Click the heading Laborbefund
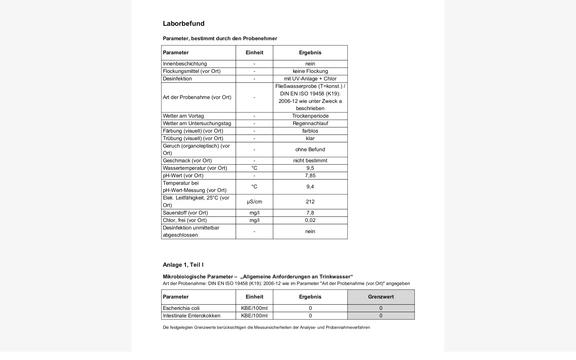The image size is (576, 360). (x=184, y=24)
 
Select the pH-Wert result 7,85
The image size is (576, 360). (x=310, y=176)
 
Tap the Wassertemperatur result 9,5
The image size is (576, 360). (x=310, y=168)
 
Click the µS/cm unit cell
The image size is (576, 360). (x=254, y=202)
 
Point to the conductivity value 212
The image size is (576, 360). (x=310, y=202)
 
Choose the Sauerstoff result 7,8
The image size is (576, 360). (x=310, y=213)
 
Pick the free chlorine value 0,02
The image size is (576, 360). (x=310, y=220)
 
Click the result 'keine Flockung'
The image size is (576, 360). (x=310, y=71)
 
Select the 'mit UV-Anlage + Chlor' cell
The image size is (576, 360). (x=310, y=79)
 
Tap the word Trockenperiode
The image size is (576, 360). (x=310, y=116)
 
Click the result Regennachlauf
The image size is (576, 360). (x=310, y=124)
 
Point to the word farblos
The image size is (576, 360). (x=310, y=131)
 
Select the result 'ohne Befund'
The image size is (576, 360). (x=310, y=150)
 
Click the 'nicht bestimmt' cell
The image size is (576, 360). (x=310, y=161)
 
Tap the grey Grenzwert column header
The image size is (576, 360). (x=381, y=297)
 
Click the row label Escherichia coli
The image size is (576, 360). (x=181, y=308)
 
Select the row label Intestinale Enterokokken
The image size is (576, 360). (x=191, y=316)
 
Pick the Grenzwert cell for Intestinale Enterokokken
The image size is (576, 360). (x=381, y=316)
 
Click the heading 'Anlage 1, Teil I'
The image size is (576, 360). (x=183, y=265)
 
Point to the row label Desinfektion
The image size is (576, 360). (x=177, y=79)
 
